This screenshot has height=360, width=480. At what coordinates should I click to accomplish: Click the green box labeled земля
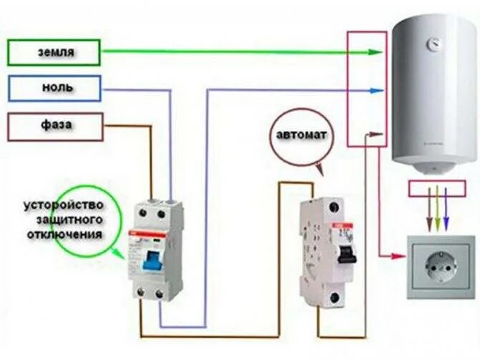click(54, 53)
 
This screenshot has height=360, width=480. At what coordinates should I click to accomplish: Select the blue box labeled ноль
click(54, 88)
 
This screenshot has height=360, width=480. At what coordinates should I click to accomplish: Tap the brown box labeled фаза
click(54, 126)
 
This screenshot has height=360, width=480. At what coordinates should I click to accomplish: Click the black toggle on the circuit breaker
click(348, 251)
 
